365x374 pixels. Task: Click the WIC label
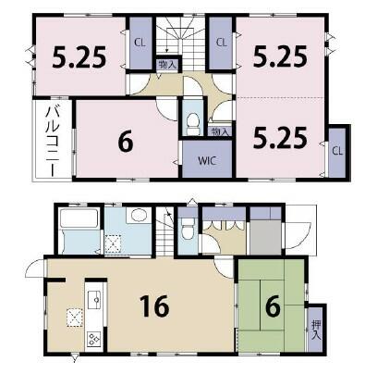tap(207, 160)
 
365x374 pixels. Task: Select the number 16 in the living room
tap(154, 305)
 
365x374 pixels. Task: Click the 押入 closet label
tap(316, 330)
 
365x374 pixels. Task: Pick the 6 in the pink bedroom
tap(126, 142)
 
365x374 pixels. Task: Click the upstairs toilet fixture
tap(193, 123)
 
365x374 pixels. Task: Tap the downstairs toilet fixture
tap(187, 229)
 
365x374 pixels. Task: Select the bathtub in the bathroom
tap(79, 218)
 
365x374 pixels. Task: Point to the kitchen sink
tap(95, 299)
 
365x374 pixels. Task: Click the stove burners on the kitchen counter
tap(94, 339)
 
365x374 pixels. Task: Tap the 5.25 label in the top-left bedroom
tap(79, 57)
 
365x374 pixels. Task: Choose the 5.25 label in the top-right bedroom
tap(280, 56)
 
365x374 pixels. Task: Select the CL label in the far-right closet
tap(337, 151)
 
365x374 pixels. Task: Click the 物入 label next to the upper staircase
tap(167, 65)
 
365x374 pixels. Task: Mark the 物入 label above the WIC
tap(220, 131)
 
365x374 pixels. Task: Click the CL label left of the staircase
tap(140, 43)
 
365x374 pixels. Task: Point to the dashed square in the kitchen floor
tap(75, 318)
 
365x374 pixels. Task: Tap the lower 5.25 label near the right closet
tap(280, 137)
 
